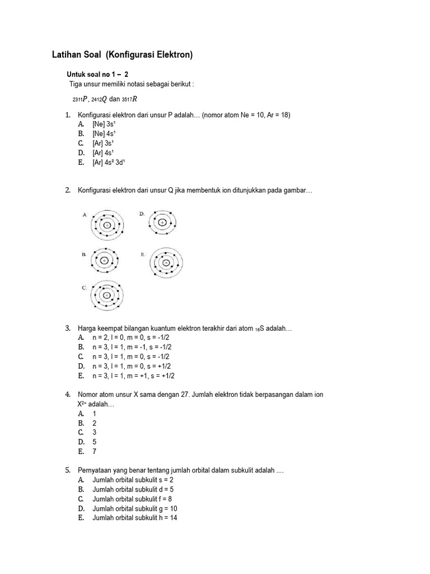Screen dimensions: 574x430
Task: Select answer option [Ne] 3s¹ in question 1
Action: point(104,124)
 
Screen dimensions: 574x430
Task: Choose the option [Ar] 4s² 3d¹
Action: point(109,162)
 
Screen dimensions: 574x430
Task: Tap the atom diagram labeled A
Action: point(106,224)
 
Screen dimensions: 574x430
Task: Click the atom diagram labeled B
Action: point(104,261)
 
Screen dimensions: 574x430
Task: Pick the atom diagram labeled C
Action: point(106,295)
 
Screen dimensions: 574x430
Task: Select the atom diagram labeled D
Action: point(162,223)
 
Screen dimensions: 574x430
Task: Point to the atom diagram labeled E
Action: point(166,262)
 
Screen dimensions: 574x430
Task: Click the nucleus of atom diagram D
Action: point(162,223)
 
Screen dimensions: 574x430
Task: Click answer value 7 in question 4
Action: point(95,451)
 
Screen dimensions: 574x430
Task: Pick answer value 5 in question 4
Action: point(95,442)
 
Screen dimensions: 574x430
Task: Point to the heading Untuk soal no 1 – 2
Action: point(97,74)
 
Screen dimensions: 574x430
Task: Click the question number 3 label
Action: point(68,328)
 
